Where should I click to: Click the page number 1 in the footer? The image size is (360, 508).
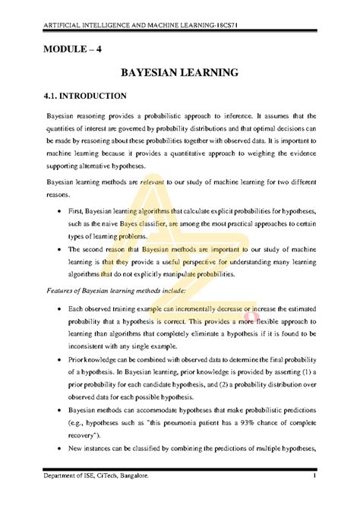pyautogui.click(x=313, y=475)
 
